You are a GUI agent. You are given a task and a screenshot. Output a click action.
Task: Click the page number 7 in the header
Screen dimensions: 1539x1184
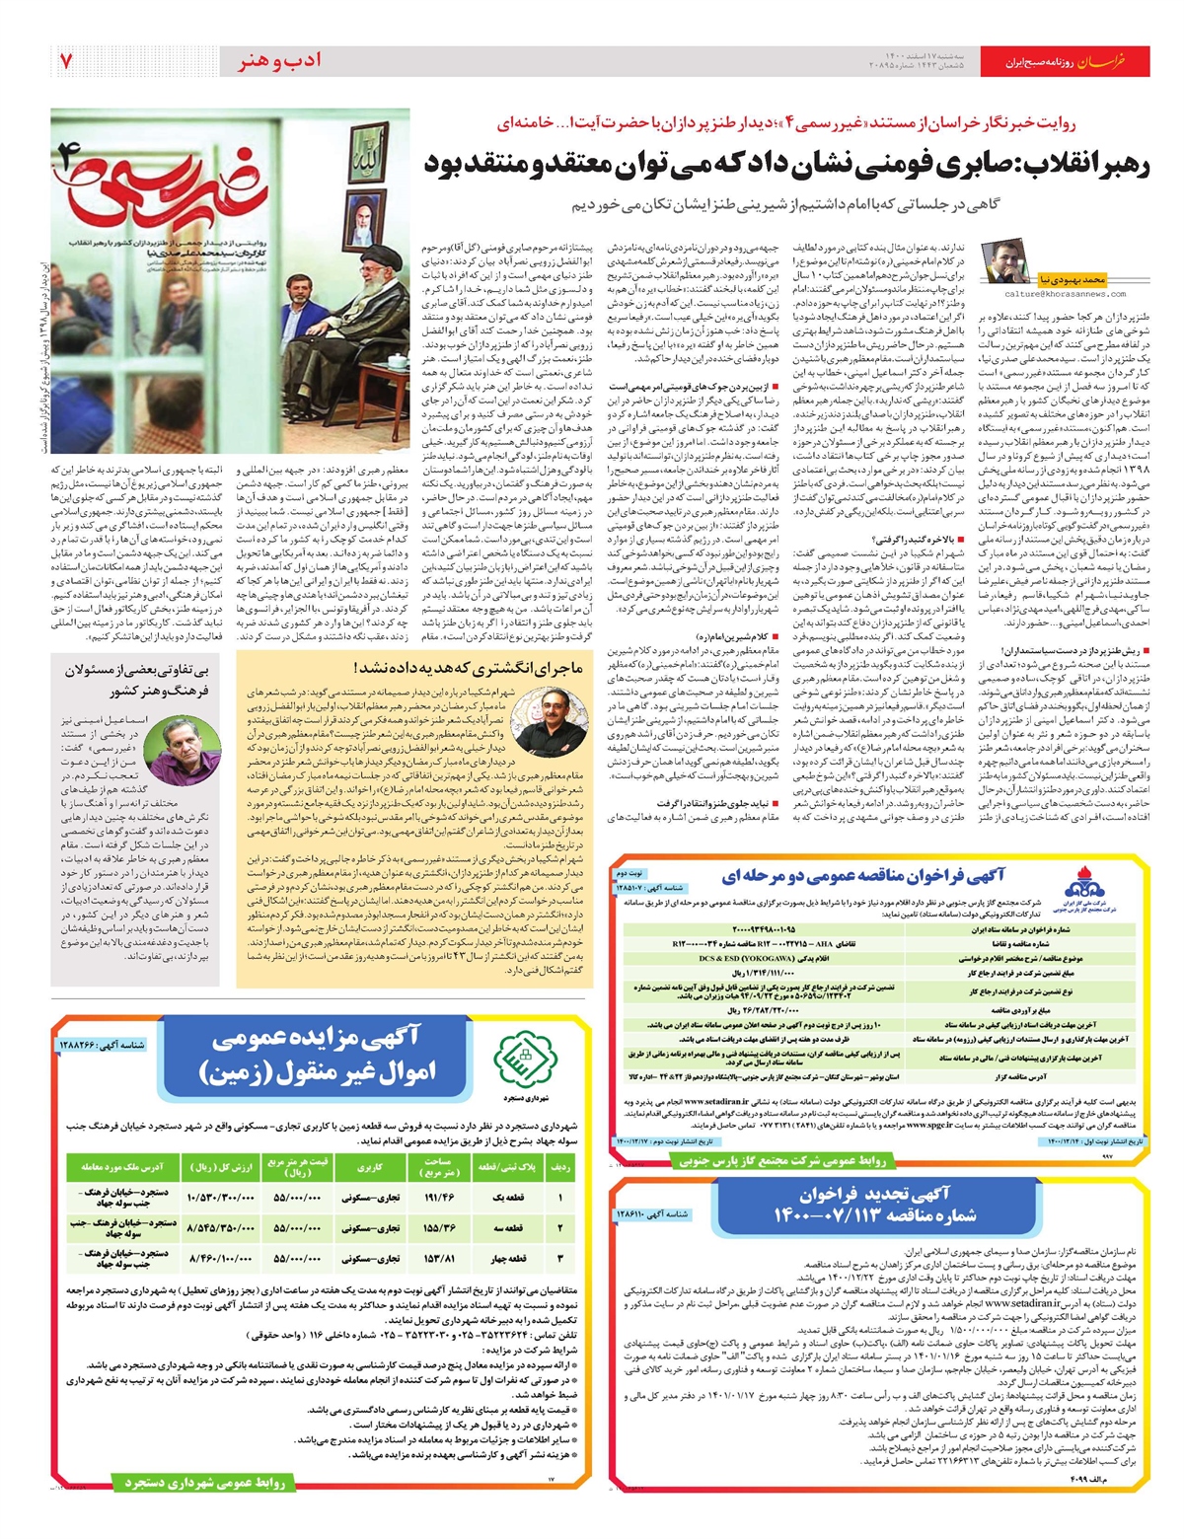click(65, 61)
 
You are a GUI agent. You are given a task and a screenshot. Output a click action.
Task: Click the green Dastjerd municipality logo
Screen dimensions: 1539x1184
click(521, 1061)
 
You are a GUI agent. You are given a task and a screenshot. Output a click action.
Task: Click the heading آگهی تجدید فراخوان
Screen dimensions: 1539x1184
click(874, 1196)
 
